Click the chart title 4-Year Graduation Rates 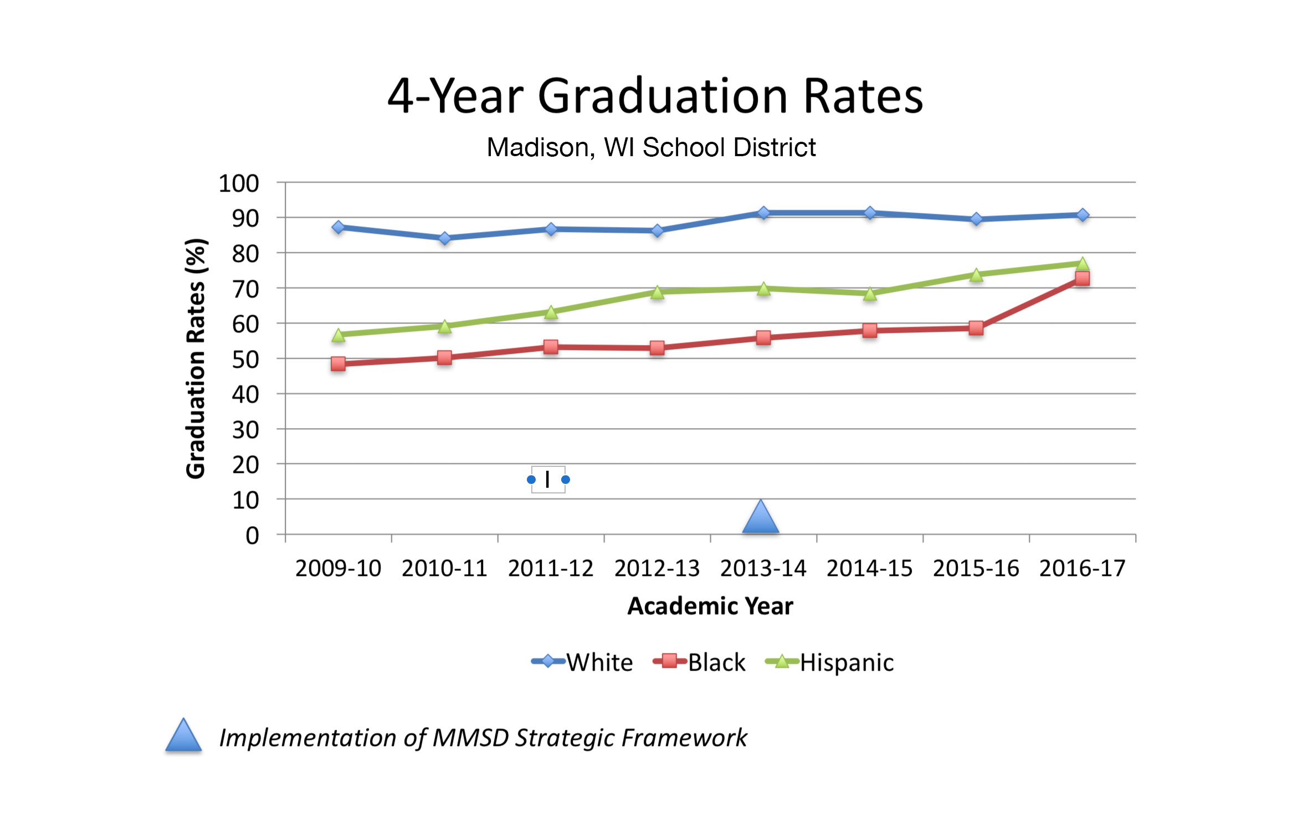click(x=655, y=96)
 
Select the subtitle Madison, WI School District click(x=651, y=147)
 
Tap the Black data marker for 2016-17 click(x=1082, y=279)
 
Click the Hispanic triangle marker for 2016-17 click(x=1082, y=264)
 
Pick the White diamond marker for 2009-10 click(x=338, y=227)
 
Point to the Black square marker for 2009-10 click(x=338, y=364)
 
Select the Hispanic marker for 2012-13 click(x=657, y=292)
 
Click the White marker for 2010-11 click(x=444, y=238)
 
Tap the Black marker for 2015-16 click(x=976, y=328)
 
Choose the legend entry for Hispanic click(x=830, y=662)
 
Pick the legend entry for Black click(x=700, y=662)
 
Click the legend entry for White click(x=582, y=662)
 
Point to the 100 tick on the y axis click(x=239, y=184)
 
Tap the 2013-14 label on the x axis click(x=763, y=568)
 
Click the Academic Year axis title click(x=710, y=606)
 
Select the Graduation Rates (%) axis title click(x=196, y=358)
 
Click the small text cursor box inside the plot click(x=548, y=480)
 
